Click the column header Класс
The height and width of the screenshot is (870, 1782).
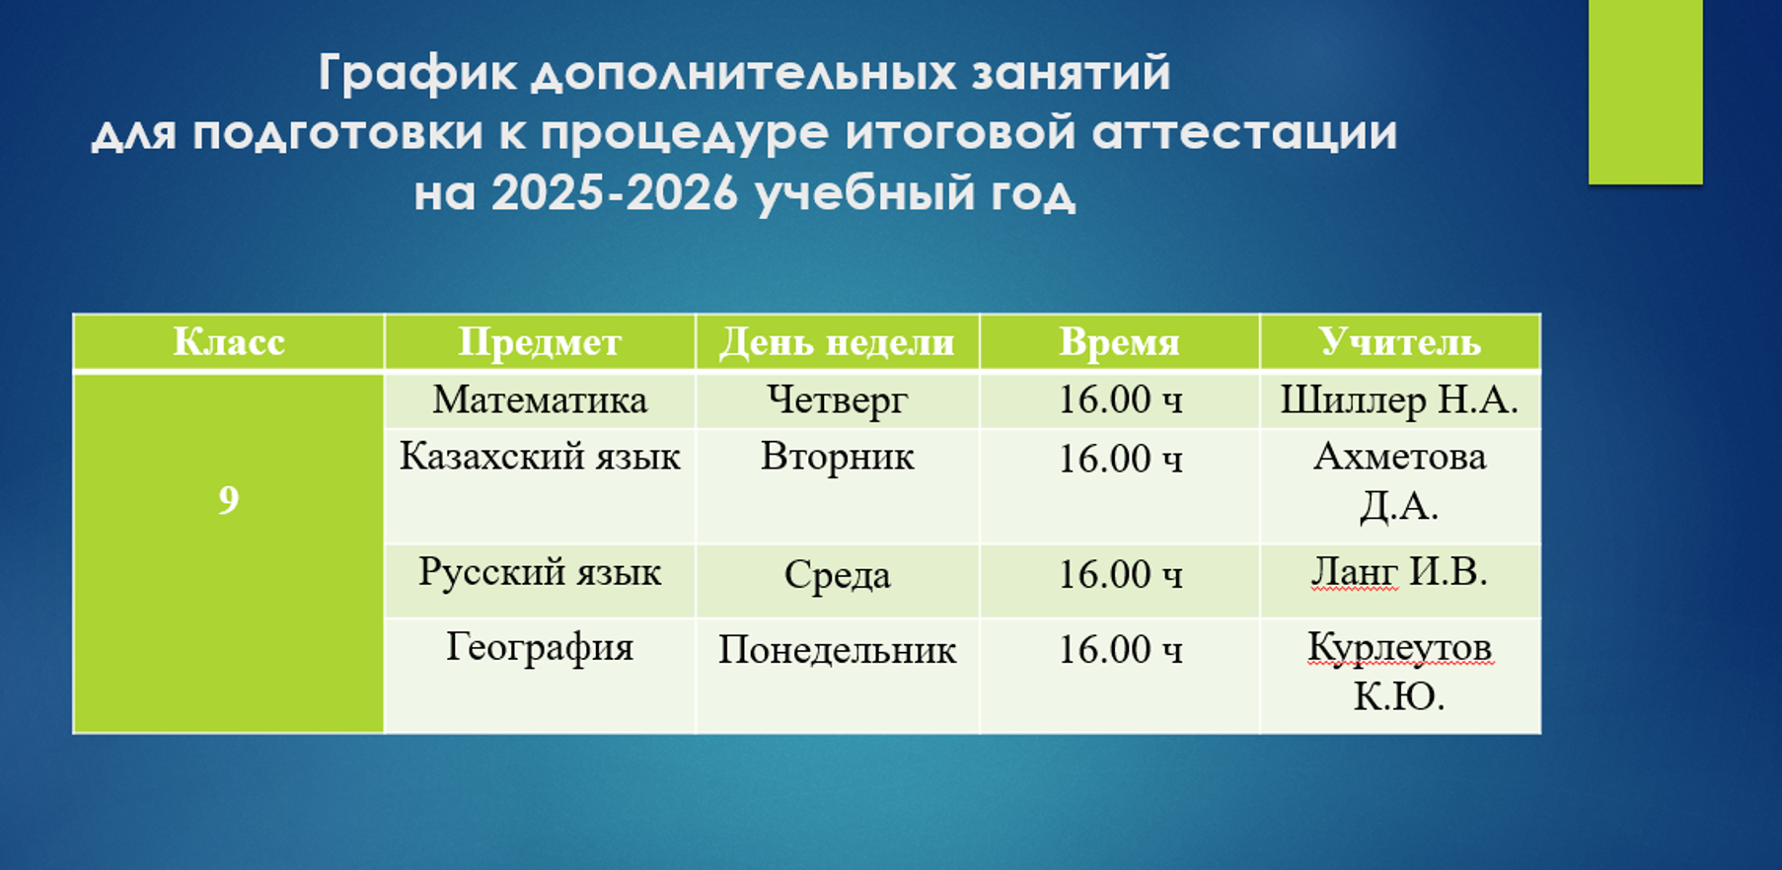tap(229, 342)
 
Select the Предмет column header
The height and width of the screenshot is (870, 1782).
tap(540, 343)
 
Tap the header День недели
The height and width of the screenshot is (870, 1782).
tap(837, 343)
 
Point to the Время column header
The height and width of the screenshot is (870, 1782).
tap(1119, 343)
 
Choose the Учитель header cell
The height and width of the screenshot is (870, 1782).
tap(1399, 342)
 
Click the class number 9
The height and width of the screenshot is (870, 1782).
tap(228, 500)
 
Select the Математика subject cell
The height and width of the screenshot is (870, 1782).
tap(540, 399)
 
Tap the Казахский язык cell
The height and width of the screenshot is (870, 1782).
tap(540, 457)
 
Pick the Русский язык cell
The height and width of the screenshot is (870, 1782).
tap(540, 572)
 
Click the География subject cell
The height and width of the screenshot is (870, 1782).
tap(540, 648)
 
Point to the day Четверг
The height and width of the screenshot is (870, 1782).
tap(837, 400)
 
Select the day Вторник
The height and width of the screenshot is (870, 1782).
tap(837, 458)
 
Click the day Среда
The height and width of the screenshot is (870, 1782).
tap(837, 574)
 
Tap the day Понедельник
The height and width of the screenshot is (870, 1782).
tap(837, 650)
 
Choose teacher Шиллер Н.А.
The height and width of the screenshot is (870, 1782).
tap(1399, 399)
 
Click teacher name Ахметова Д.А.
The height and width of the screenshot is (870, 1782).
tap(1399, 480)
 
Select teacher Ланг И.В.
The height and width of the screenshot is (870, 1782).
tap(1399, 572)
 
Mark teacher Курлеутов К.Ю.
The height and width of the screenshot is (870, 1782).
tap(1399, 672)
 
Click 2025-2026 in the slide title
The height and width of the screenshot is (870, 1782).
tap(615, 193)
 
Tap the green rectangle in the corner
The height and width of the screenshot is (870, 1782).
tap(1645, 92)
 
